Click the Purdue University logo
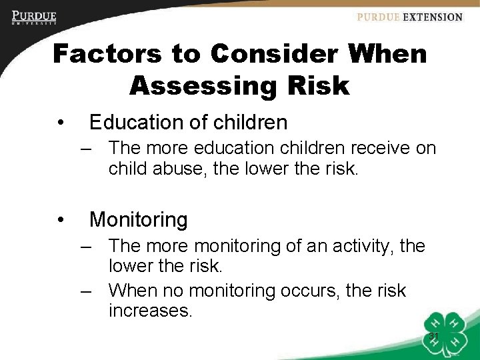(34, 17)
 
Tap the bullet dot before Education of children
(61, 123)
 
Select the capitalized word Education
(133, 123)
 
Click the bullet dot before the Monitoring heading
(61, 219)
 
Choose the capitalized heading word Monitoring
(139, 219)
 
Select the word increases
(150, 310)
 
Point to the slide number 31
(434, 335)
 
